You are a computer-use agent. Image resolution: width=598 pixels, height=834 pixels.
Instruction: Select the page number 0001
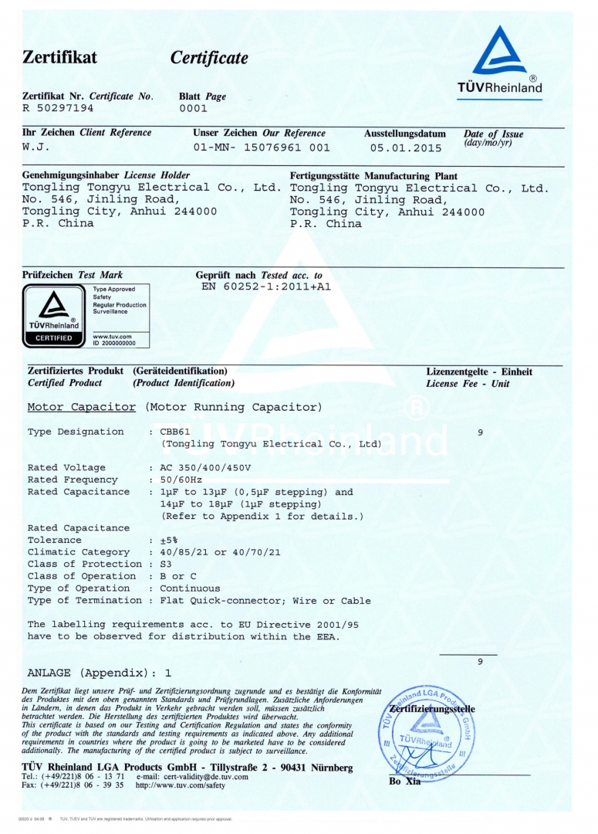[x=193, y=109]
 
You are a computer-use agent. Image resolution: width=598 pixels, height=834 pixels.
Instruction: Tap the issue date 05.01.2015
[x=405, y=147]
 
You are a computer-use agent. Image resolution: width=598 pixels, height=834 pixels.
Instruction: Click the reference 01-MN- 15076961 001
[x=261, y=147]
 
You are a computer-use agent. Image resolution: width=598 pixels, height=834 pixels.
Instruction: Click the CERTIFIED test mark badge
[x=51, y=316]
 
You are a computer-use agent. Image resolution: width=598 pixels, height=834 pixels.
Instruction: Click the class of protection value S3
[x=166, y=564]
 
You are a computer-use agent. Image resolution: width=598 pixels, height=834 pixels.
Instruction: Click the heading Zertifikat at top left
[x=60, y=57]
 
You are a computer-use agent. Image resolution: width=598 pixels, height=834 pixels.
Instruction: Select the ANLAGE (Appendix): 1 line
[x=99, y=673]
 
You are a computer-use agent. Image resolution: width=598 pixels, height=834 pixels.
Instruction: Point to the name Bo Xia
[x=404, y=781]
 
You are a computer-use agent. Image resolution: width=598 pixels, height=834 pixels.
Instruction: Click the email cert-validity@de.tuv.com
[x=192, y=776]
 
